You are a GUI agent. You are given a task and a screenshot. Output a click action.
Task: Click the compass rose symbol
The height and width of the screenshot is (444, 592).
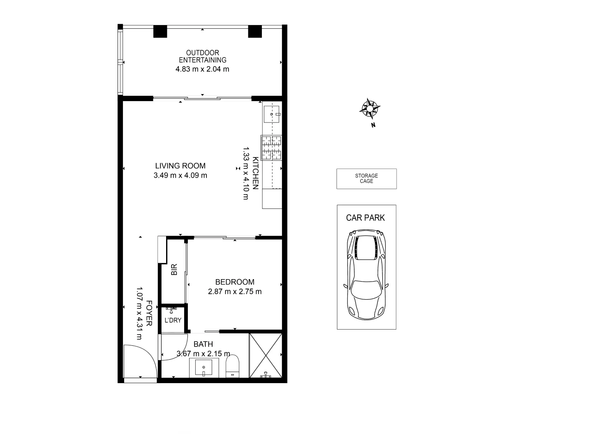(x=370, y=109)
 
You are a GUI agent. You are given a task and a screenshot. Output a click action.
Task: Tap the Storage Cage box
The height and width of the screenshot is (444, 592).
(x=366, y=179)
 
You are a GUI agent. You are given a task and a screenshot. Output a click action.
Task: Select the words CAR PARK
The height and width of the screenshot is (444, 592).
(x=365, y=218)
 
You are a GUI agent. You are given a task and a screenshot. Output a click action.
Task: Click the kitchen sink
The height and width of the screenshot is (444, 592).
(x=271, y=113)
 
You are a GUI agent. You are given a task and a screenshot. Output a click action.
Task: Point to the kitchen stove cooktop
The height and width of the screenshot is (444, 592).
(x=271, y=148)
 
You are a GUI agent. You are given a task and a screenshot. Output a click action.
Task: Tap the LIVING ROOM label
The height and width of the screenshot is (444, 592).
(x=180, y=166)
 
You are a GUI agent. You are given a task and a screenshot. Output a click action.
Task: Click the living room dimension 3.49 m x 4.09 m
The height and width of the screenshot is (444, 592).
(x=180, y=176)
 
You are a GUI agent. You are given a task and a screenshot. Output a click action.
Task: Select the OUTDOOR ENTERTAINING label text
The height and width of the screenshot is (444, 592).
(x=202, y=56)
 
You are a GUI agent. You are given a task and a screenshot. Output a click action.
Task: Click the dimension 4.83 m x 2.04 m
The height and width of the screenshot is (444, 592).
(x=202, y=69)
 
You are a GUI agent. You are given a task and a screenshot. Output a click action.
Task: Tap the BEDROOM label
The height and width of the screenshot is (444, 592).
(x=235, y=282)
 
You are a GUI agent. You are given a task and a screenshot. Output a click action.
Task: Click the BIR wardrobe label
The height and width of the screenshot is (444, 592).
(x=174, y=270)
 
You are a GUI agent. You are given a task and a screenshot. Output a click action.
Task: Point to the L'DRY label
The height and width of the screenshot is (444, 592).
(x=173, y=320)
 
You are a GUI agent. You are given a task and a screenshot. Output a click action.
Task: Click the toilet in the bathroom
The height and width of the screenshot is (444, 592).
(x=233, y=366)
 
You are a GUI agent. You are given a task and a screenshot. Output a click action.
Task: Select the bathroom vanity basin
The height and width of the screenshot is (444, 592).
(x=204, y=367)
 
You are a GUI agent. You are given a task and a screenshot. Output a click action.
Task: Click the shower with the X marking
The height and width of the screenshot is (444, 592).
(x=266, y=355)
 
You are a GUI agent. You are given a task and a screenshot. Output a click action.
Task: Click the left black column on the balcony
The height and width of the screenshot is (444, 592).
(x=160, y=32)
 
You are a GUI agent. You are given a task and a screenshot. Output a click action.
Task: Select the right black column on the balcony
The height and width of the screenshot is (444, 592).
(x=255, y=32)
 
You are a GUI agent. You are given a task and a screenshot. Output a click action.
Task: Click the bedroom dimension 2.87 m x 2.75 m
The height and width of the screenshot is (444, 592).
(x=235, y=292)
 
